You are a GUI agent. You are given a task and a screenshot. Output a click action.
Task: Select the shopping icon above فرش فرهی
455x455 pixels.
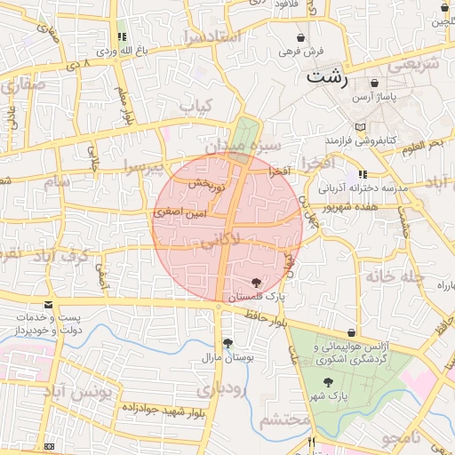303,38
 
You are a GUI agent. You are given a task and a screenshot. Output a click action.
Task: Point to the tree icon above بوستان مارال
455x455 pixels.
227,343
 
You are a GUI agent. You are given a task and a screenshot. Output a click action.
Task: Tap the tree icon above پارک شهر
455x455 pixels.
329,382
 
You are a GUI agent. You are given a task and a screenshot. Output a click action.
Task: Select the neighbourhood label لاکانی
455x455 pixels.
220,240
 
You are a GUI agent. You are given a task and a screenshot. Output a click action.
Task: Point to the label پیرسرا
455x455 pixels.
144,165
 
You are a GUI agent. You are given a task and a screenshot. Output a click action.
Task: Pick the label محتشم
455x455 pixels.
284,419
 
